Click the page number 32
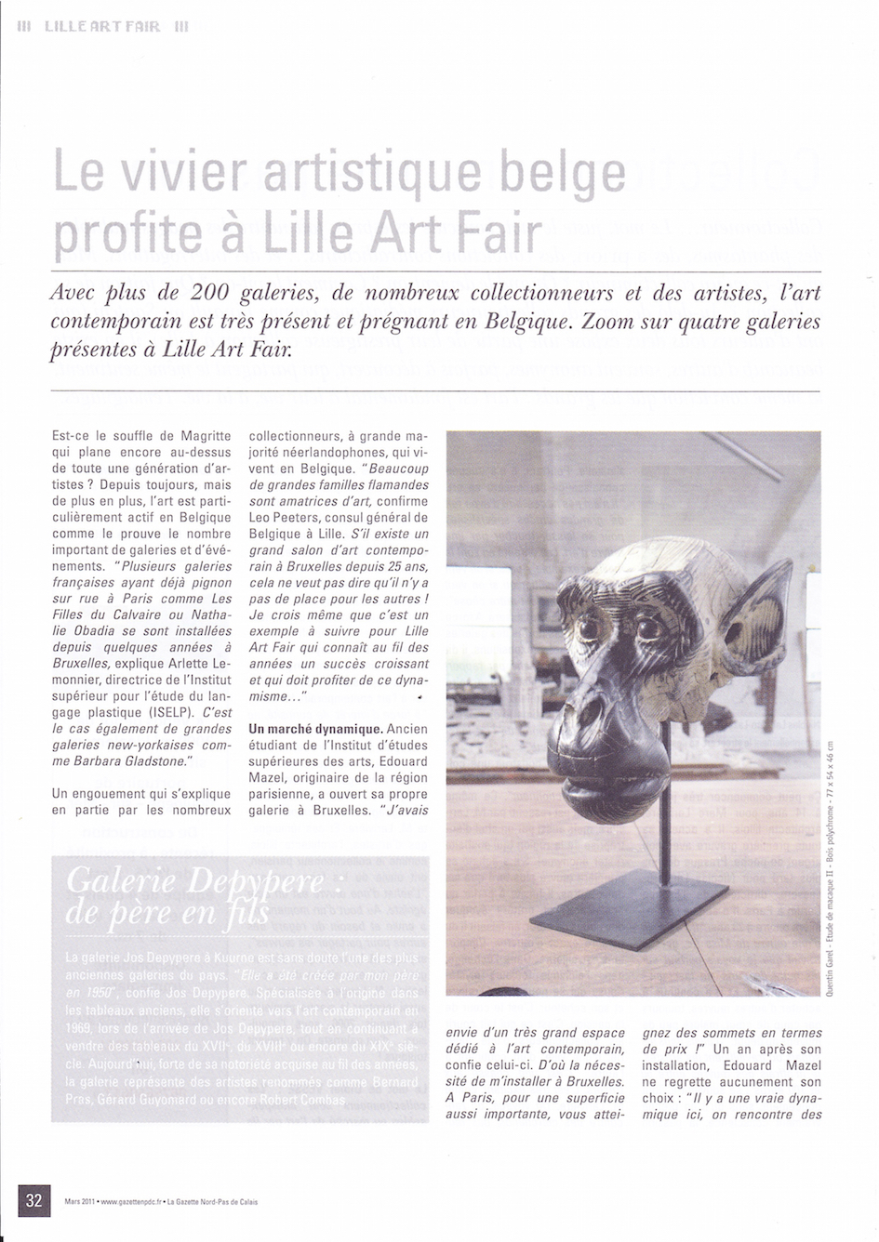[x=34, y=1200]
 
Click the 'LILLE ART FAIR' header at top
[x=102, y=28]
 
